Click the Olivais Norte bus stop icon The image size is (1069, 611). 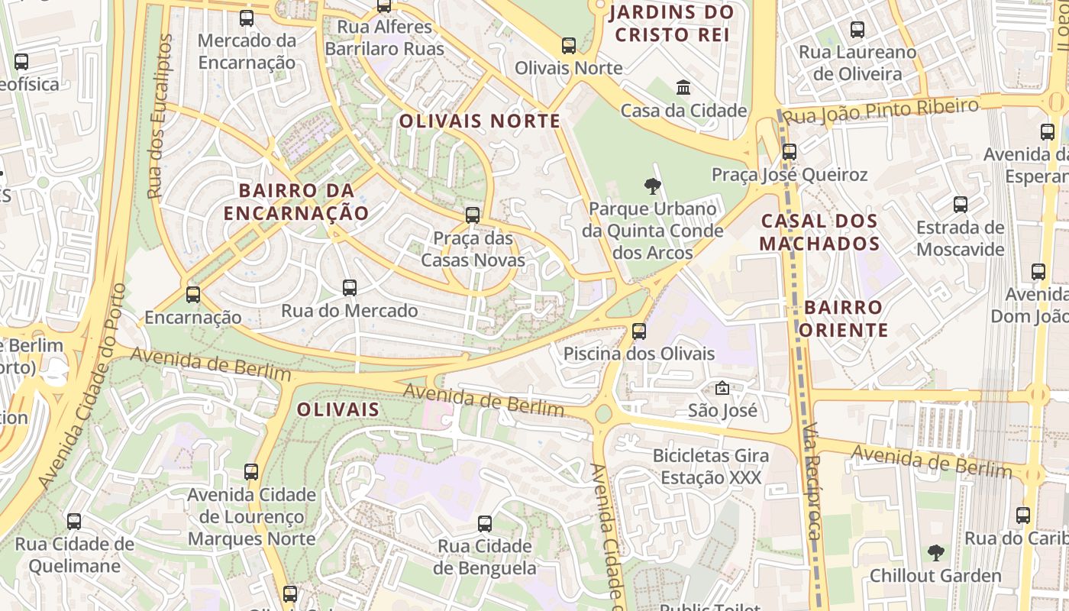click(568, 46)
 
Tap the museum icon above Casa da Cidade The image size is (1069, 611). click(683, 88)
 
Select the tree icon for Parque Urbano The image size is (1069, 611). click(652, 185)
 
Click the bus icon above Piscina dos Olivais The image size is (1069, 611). click(639, 331)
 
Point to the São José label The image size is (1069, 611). click(722, 410)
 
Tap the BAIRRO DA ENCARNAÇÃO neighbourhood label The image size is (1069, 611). click(296, 202)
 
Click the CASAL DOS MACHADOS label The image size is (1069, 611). click(819, 233)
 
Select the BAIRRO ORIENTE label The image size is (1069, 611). click(845, 318)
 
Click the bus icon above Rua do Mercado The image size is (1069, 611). click(350, 288)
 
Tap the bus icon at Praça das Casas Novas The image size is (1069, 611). click(473, 215)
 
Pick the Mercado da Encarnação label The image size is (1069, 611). click(247, 51)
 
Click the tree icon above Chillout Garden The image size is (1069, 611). click(935, 552)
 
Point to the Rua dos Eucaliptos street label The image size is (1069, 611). click(160, 116)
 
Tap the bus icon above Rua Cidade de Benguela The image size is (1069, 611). click(485, 524)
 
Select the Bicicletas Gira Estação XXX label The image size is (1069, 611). click(711, 467)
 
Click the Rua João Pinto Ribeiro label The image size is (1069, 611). click(881, 111)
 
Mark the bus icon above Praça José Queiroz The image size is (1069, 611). click(790, 151)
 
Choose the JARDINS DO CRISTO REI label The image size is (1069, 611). click(672, 23)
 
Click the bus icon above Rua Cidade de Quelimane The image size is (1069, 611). click(74, 522)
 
